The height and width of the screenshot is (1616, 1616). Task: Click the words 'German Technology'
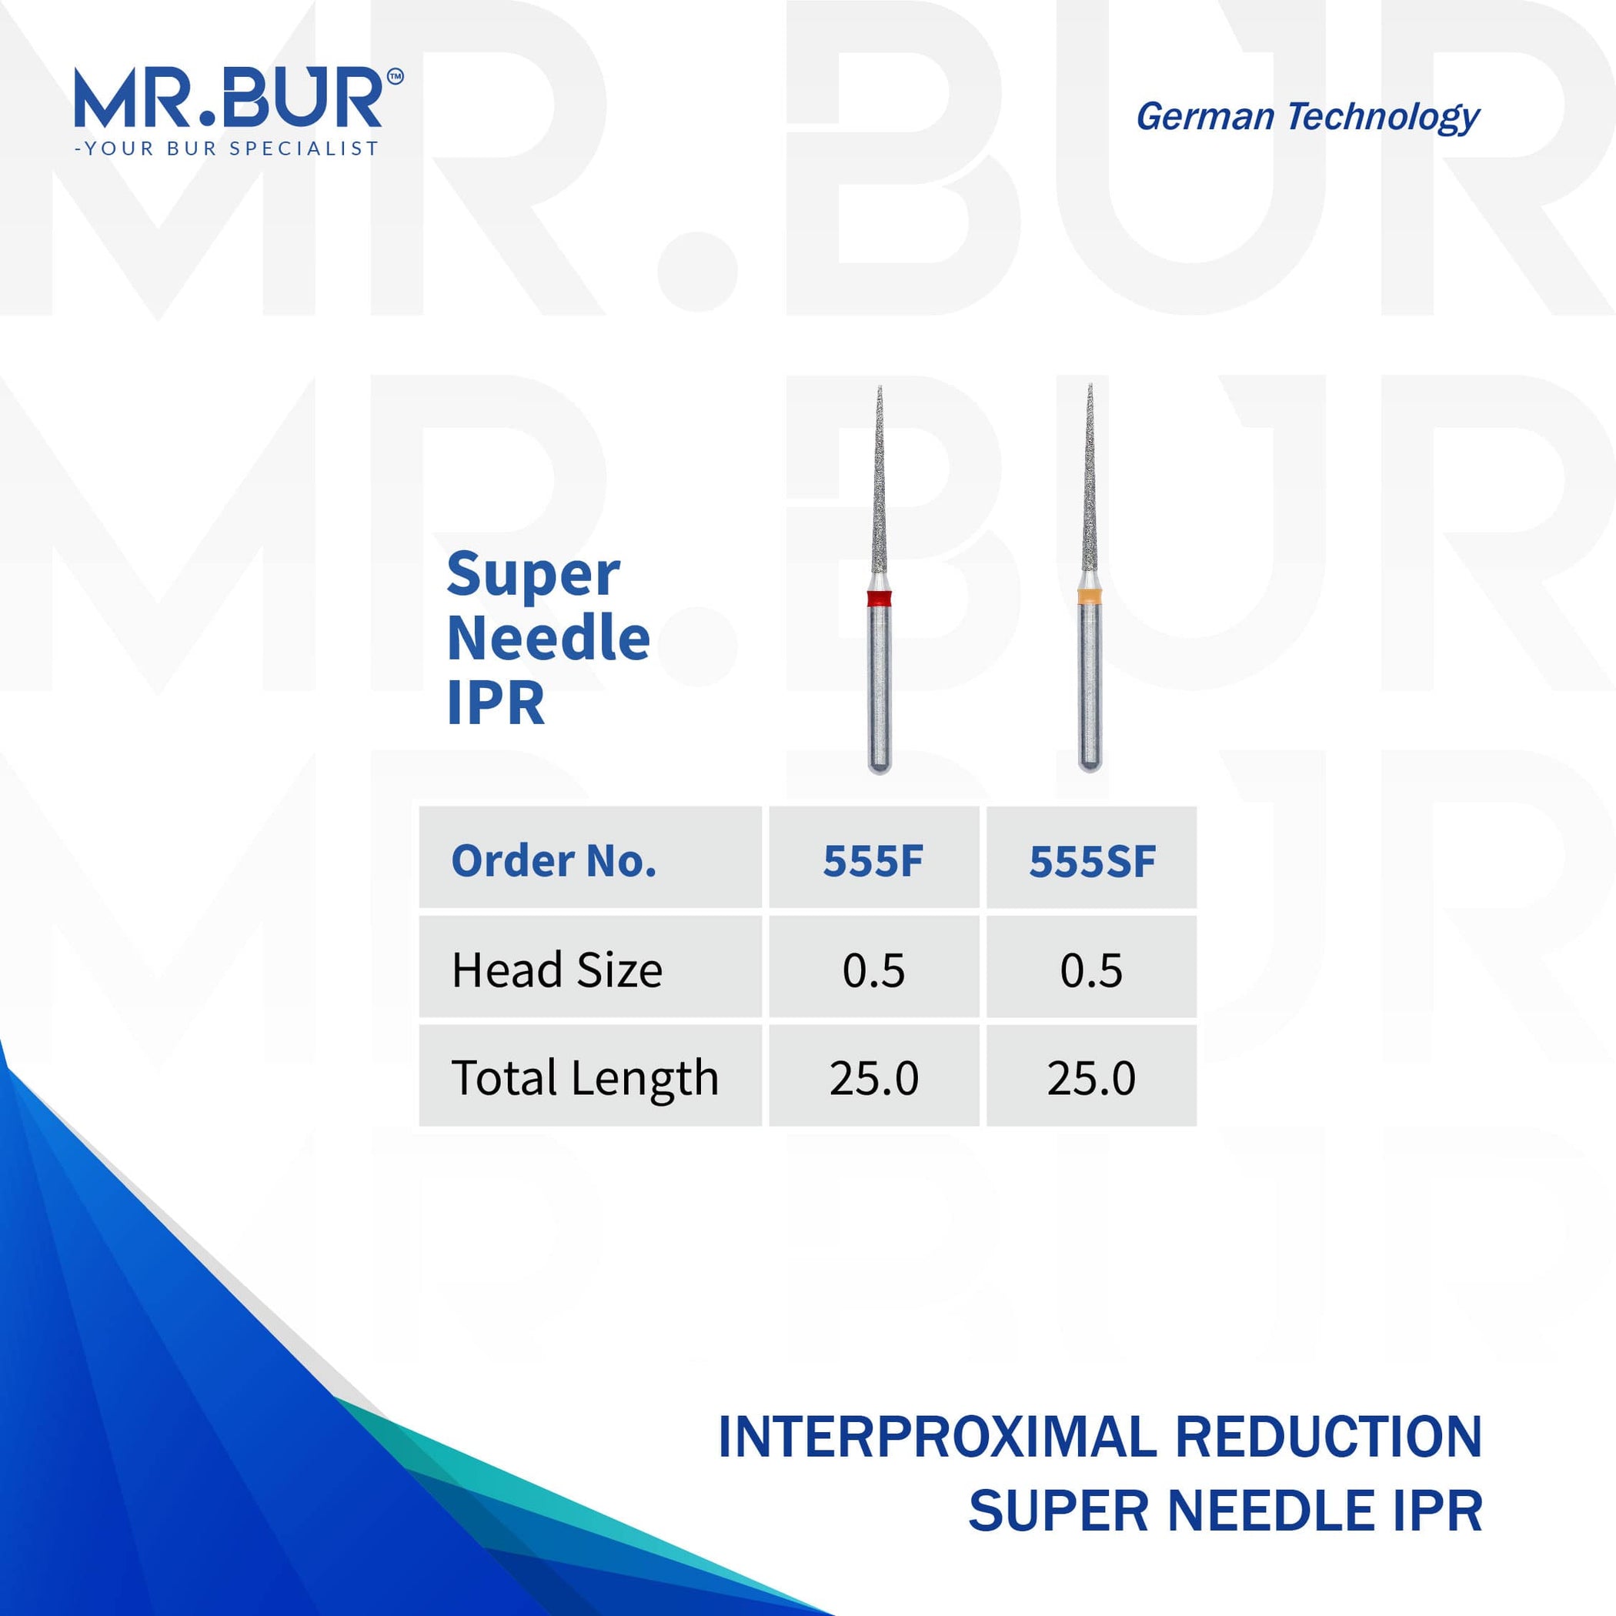point(1307,117)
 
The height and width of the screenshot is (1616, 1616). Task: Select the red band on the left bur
point(879,598)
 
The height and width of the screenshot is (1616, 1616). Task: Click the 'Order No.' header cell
point(554,860)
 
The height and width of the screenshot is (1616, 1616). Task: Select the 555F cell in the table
point(873,860)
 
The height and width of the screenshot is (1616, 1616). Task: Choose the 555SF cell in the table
point(1091,860)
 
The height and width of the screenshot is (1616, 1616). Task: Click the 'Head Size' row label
point(557,970)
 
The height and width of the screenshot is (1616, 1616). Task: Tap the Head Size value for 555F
point(873,970)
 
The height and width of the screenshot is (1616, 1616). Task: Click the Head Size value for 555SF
point(1091,970)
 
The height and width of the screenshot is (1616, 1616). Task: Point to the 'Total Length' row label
point(585,1077)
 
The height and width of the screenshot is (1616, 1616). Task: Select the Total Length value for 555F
point(873,1077)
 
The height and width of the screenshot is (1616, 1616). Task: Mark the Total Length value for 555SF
point(1091,1077)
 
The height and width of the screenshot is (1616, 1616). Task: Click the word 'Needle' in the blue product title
point(549,638)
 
